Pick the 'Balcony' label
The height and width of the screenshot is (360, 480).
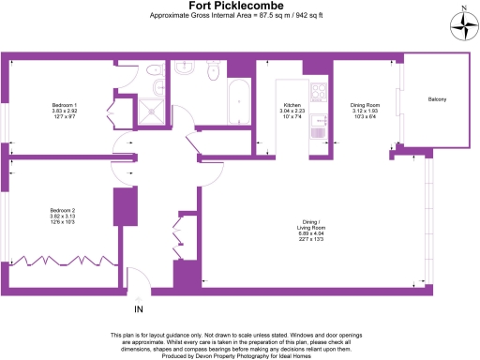pos(437,99)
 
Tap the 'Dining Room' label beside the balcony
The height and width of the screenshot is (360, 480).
pos(363,106)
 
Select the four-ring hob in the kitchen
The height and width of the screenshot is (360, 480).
pos(317,94)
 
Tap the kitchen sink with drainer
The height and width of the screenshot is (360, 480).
pos(318,130)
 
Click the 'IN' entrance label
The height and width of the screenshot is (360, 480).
pos(139,308)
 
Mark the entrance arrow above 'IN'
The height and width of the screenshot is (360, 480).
pos(139,296)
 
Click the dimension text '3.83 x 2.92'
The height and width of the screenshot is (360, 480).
pos(64,110)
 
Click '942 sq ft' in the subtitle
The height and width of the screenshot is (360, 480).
pos(304,16)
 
